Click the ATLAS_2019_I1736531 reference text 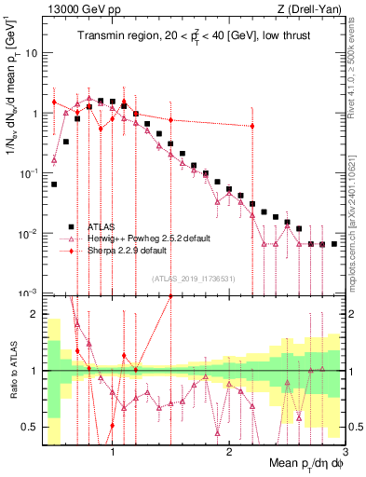(x=193, y=278)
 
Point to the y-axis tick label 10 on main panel (x=30, y=53)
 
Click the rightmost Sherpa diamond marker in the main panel (x=252, y=126)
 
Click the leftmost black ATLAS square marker (x=54, y=184)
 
